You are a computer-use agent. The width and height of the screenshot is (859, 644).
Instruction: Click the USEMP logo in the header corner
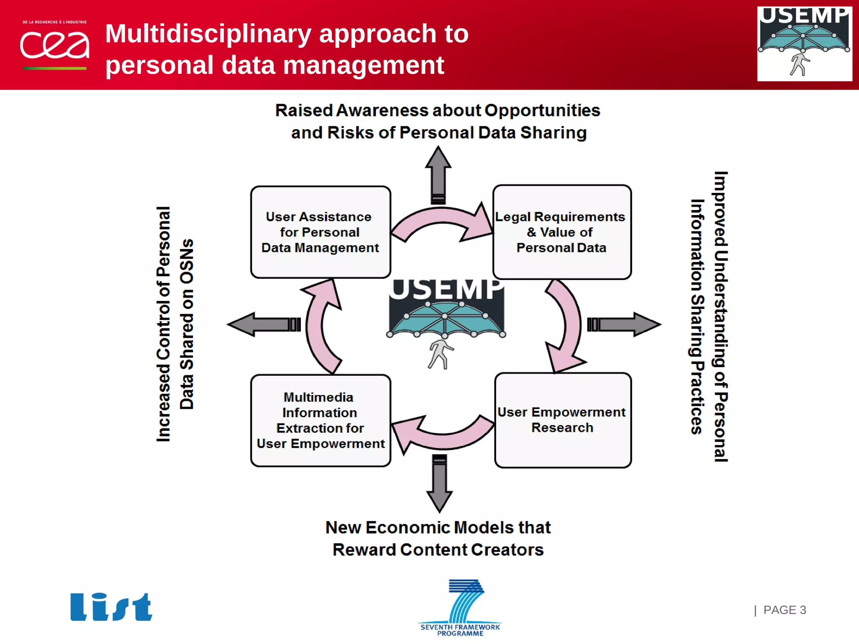[x=804, y=44]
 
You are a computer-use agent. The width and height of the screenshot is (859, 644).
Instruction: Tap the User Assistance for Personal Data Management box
[x=320, y=232]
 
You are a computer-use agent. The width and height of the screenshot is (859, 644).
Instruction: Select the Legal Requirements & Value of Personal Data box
[x=562, y=232]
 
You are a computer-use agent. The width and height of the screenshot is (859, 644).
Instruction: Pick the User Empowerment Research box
[x=562, y=420]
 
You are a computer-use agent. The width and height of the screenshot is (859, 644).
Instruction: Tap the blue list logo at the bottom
[x=111, y=607]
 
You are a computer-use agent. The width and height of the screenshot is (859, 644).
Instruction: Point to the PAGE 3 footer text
[x=784, y=610]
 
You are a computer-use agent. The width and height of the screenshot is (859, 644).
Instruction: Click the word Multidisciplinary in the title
[x=208, y=34]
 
